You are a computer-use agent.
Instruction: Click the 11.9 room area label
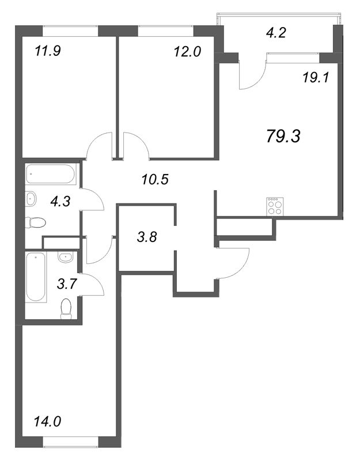pyautogui.click(x=48, y=50)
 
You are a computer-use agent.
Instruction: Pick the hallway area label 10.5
pyautogui.click(x=154, y=179)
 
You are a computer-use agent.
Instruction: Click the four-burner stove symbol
pyautogui.click(x=275, y=206)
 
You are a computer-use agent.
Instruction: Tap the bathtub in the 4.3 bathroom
pyautogui.click(x=51, y=173)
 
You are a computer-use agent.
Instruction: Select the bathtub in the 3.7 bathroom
pyautogui.click(x=36, y=277)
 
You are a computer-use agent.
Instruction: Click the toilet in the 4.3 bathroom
pyautogui.click(x=37, y=222)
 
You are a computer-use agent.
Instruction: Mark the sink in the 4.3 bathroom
pyautogui.click(x=32, y=199)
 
